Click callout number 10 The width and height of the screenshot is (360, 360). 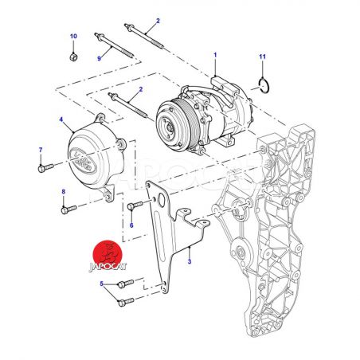(x=73, y=36)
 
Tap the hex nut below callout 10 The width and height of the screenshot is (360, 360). (x=73, y=57)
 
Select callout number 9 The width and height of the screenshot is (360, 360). (x=100, y=58)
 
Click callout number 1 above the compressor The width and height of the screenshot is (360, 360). (x=215, y=55)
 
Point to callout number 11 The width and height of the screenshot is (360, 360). (x=262, y=57)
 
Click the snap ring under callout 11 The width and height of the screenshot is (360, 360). (x=264, y=86)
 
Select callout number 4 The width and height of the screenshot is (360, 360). (x=61, y=119)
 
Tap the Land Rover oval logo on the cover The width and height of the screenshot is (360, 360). (x=82, y=161)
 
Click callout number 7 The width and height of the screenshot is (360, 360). (x=41, y=150)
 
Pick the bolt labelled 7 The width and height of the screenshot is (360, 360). (x=45, y=168)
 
